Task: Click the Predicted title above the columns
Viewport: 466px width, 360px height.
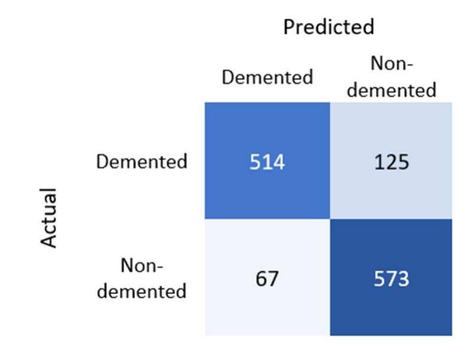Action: click(328, 26)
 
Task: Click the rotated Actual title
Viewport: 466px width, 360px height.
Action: click(49, 218)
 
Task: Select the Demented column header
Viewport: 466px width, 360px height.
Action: click(267, 77)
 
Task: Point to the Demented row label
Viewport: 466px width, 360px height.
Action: click(142, 161)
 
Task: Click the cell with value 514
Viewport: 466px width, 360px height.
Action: click(267, 161)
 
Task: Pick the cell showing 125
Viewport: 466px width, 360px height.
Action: click(392, 161)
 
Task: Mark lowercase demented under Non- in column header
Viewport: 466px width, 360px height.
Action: click(392, 90)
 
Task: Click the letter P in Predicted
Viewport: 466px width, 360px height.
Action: click(289, 27)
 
